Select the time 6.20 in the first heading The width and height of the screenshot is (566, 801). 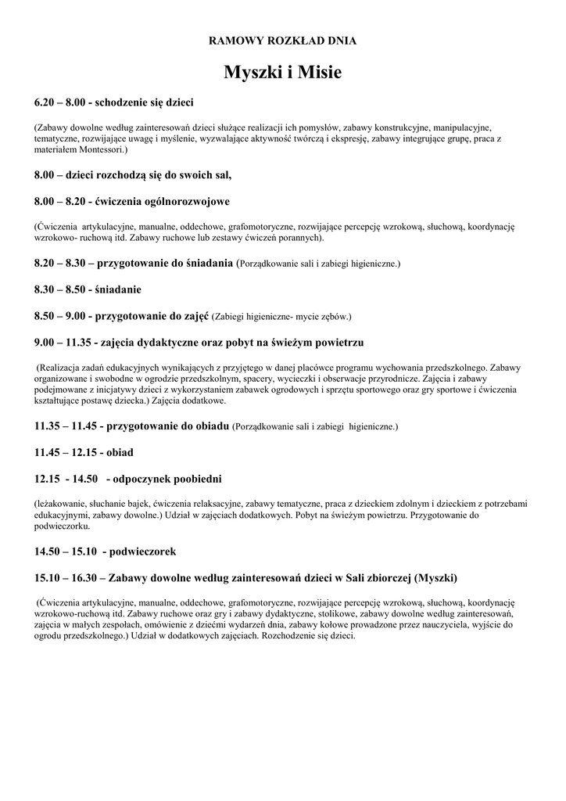tap(45, 102)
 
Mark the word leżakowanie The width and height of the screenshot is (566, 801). tap(59, 503)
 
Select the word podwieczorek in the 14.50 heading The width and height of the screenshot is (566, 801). tap(142, 551)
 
